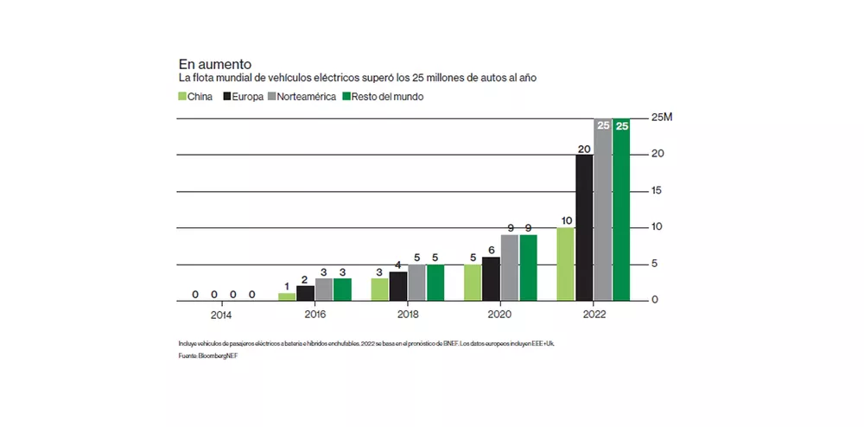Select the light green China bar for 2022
pos(566,264)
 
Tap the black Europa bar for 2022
pos(584,227)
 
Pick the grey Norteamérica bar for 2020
pos(510,267)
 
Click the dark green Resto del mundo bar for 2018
pos(435,282)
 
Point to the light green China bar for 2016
pos(287,296)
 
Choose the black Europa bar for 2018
pos(398,285)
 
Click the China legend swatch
pos(183,97)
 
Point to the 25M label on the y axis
pos(661,117)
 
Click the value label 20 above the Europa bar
pos(584,148)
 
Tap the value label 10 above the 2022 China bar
pos(566,221)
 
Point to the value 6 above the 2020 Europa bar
pos(492,250)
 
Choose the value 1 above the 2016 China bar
pos(287,287)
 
